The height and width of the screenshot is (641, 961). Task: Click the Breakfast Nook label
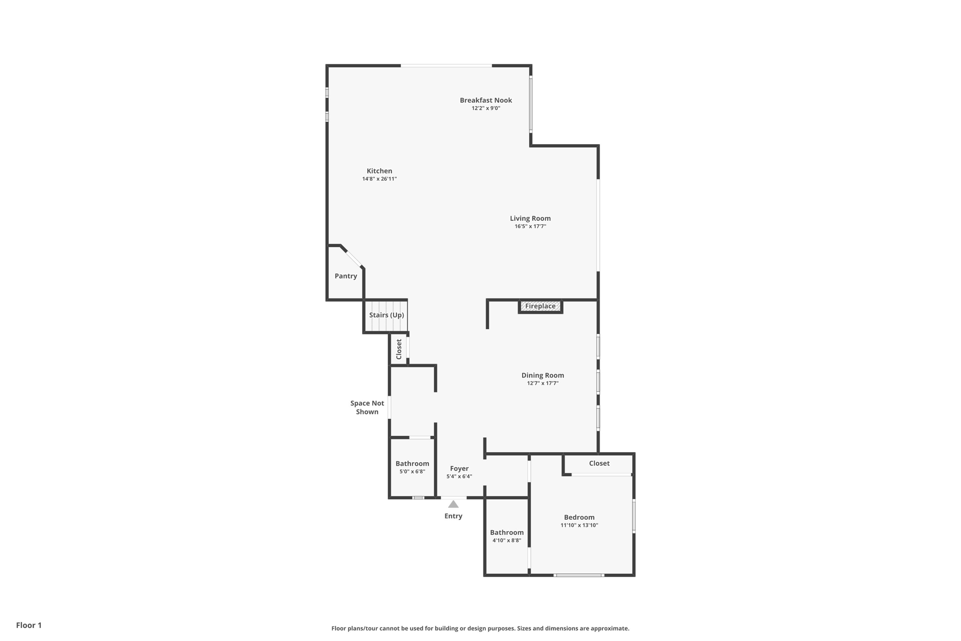(x=486, y=100)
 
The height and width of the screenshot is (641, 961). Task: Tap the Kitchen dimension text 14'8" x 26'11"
(x=379, y=179)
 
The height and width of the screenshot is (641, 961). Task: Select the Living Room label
(x=530, y=218)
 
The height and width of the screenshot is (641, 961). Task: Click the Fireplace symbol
(x=540, y=306)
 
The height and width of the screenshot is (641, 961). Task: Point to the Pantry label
(x=346, y=276)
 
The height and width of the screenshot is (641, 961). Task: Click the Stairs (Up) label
(x=386, y=315)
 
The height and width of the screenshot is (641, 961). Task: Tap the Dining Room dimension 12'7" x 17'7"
(x=542, y=383)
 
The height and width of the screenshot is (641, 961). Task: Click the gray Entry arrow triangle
(x=453, y=504)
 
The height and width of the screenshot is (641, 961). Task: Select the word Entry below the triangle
(x=453, y=516)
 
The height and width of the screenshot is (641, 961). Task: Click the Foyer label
(x=459, y=468)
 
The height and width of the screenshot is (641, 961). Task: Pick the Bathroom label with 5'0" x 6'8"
(x=412, y=463)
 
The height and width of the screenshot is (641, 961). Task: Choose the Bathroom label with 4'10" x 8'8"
(x=507, y=533)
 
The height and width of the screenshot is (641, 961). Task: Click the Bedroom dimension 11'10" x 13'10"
(x=579, y=525)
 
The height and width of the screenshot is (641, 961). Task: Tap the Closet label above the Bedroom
(x=599, y=463)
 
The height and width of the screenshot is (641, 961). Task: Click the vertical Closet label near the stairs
(x=399, y=349)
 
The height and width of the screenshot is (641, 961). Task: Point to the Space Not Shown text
(x=367, y=408)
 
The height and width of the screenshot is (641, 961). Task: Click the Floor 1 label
(x=29, y=625)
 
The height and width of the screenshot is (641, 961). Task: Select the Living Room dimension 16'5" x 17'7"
(x=530, y=226)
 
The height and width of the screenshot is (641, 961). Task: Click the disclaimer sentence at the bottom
(x=480, y=628)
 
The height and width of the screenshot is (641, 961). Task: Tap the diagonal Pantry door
(x=354, y=259)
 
